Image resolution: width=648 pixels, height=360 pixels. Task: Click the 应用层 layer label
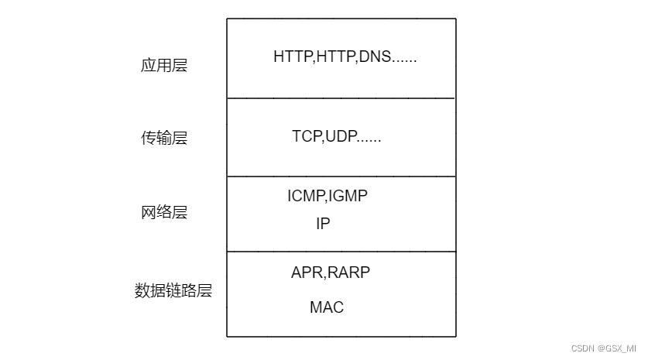coord(163,66)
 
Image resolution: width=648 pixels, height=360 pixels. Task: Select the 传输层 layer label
coord(163,139)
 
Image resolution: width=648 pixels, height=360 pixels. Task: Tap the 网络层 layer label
coord(163,212)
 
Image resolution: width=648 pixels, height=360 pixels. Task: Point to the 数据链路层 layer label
coord(173,291)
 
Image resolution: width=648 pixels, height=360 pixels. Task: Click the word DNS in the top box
coord(375,57)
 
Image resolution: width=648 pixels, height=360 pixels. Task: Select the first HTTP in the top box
coord(293,57)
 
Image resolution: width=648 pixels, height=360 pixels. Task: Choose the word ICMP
coord(306,197)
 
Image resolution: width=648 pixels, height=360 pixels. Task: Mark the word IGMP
coord(348,197)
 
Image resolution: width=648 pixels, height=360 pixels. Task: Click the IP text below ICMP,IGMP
coord(323,224)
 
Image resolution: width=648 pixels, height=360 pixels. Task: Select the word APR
coord(307,273)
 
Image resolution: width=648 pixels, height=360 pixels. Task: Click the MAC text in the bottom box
coord(327,307)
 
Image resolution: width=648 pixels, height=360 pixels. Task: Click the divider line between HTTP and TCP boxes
coord(341,98)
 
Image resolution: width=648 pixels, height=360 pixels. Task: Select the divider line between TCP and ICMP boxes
coord(341,177)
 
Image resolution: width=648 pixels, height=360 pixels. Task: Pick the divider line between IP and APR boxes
coord(341,252)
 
